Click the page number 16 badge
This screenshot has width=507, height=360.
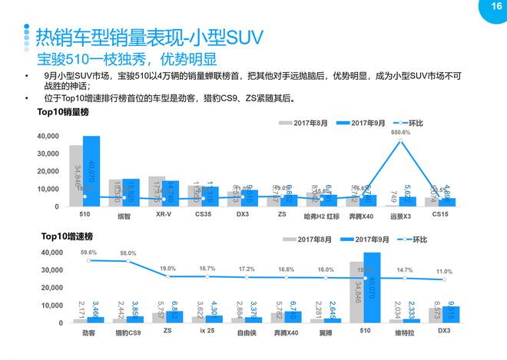[x=485, y=7]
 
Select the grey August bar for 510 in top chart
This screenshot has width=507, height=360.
[x=76, y=176]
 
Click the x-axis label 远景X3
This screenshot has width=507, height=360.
[x=401, y=216]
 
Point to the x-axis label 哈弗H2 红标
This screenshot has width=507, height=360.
[x=322, y=216]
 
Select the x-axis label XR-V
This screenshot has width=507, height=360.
[x=163, y=216]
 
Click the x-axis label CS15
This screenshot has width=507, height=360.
[x=440, y=216]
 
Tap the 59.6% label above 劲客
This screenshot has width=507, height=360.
[x=88, y=252]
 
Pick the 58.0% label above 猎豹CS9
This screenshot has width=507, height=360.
[x=128, y=253]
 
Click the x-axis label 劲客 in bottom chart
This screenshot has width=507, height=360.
[x=88, y=334]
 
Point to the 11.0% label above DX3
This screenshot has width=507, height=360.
[x=444, y=272]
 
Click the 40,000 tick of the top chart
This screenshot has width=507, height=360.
[x=47, y=136]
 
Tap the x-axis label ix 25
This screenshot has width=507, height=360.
[x=206, y=334]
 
